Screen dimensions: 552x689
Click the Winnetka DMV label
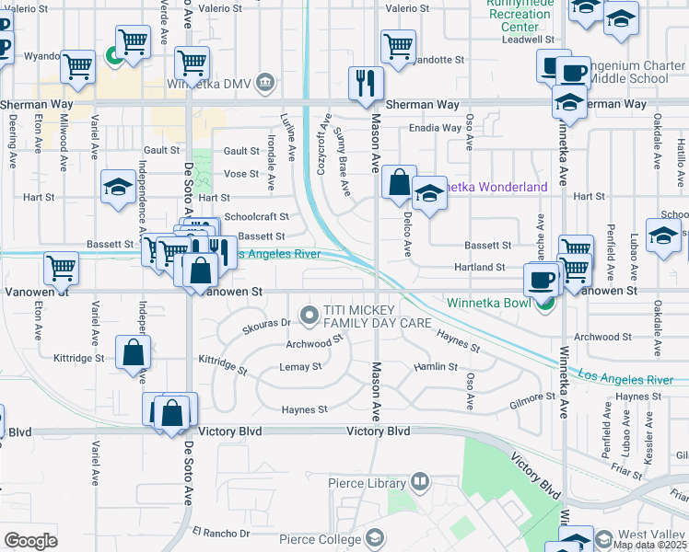click(208, 83)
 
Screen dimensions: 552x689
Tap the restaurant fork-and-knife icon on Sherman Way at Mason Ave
click(369, 82)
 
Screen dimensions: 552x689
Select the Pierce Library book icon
click(420, 480)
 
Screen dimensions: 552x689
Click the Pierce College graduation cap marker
click(375, 537)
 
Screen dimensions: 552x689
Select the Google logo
click(30, 541)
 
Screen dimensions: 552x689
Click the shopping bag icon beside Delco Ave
click(399, 183)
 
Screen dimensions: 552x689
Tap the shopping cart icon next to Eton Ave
click(61, 268)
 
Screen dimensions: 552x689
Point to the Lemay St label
click(300, 366)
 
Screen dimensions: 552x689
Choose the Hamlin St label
click(436, 366)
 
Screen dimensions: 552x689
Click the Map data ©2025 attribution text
click(649, 545)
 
